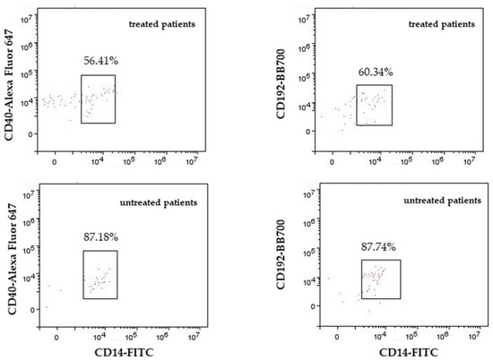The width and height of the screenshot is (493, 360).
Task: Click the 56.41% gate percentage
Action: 101,61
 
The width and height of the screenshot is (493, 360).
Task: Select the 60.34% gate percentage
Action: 376,72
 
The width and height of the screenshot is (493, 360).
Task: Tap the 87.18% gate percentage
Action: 101,236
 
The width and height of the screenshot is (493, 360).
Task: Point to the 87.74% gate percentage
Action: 378,247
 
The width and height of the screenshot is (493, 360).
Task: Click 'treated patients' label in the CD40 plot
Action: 162,24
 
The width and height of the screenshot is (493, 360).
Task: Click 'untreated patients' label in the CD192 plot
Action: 443,201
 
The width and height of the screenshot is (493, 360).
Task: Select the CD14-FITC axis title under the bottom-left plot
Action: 125,352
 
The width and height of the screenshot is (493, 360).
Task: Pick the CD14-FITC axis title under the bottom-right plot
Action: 409,353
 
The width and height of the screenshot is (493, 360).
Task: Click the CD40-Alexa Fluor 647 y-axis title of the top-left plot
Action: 9,84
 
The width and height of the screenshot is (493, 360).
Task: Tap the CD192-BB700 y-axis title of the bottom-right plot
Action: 281,254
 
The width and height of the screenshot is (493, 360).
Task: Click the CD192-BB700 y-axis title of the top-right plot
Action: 281,84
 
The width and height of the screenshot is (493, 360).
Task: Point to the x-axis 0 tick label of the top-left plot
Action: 55,162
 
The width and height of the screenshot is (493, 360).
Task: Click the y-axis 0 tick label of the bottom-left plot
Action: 32,310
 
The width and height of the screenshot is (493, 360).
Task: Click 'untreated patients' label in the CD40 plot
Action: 159,202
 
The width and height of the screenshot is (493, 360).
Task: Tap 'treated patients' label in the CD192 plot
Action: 442,24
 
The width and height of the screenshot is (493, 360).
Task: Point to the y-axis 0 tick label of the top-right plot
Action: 308,132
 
